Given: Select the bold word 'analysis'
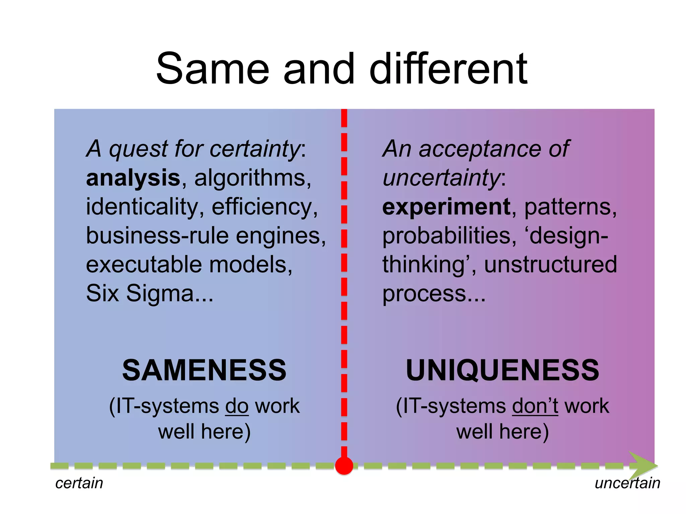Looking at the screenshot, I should click(x=133, y=178).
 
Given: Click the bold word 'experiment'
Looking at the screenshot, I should click(x=446, y=207).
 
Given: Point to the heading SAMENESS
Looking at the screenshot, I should click(x=204, y=370).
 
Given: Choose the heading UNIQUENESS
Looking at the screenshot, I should click(x=502, y=370).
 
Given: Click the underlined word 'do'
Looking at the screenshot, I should click(x=237, y=406).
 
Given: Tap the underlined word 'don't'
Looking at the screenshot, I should click(x=535, y=406).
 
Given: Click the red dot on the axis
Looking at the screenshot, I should click(x=344, y=466).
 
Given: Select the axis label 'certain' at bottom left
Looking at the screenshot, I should click(x=79, y=483).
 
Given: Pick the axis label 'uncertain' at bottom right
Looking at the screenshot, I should click(x=627, y=483).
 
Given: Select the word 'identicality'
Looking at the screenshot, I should click(x=142, y=207).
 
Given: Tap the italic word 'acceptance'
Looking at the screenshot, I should click(x=479, y=149).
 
